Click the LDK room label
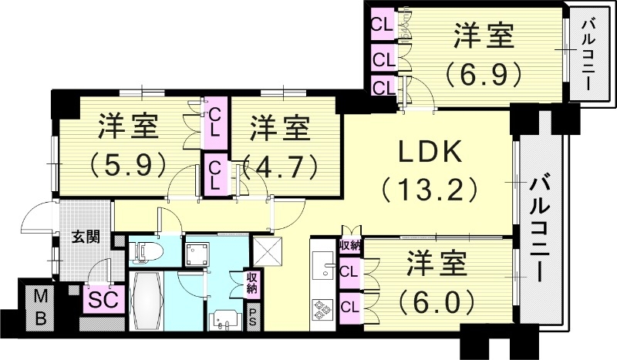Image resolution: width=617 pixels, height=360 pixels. point(430,152)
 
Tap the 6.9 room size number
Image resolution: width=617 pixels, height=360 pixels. point(484,75)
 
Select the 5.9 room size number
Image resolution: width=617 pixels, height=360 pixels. point(128,163)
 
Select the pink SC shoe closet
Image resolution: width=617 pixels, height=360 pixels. point(100,298)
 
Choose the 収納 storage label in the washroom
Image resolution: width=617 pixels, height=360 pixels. point(252,283)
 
